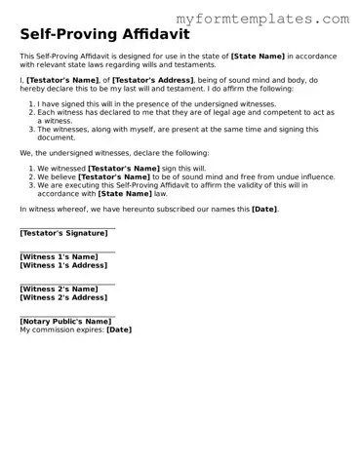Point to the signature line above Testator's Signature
click(66, 227)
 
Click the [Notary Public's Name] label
click(65, 322)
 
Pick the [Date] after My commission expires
click(118, 330)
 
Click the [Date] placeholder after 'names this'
click(264, 209)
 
